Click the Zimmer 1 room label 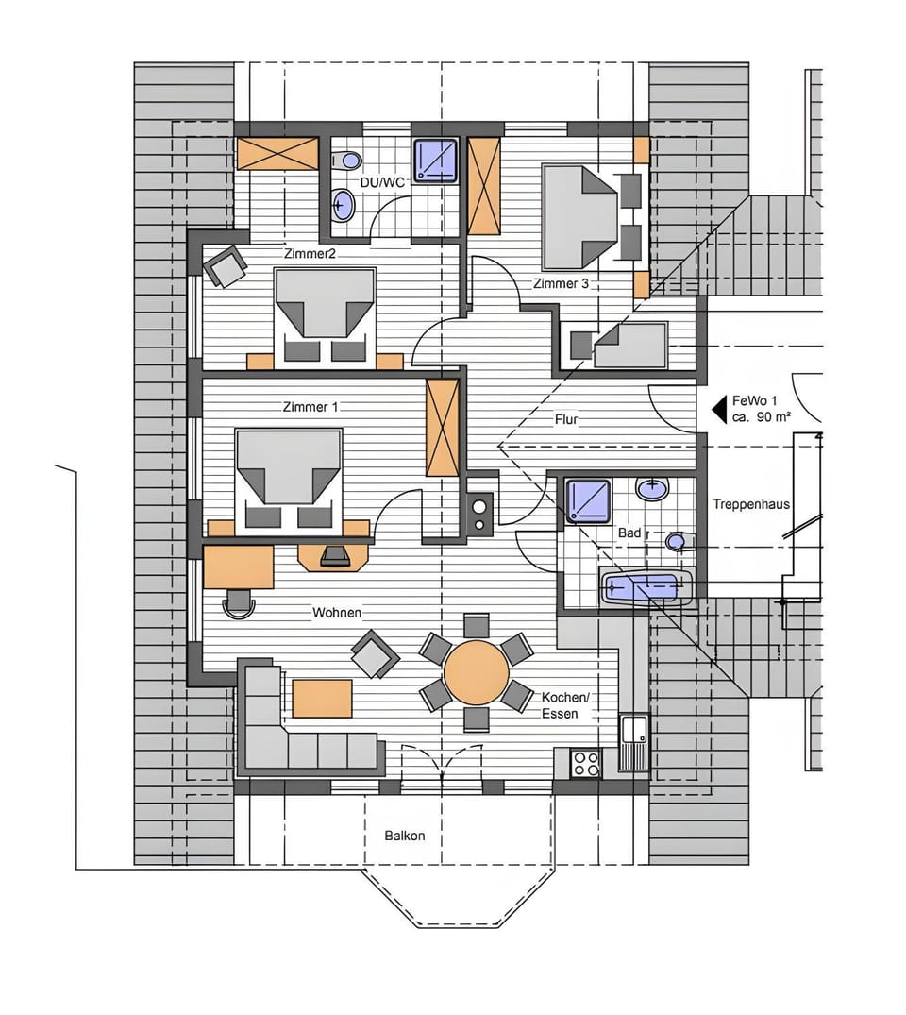click(x=310, y=407)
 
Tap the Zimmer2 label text click(x=310, y=254)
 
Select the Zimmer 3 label click(x=562, y=283)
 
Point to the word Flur click(x=566, y=419)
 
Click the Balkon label click(x=405, y=836)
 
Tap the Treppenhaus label click(x=751, y=504)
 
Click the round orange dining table click(x=477, y=672)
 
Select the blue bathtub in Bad click(x=646, y=588)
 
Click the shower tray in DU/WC click(x=435, y=160)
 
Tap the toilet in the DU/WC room click(x=347, y=160)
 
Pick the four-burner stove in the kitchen click(x=586, y=763)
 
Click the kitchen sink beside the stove click(x=634, y=742)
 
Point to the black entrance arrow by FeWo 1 click(x=719, y=410)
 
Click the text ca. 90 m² click(x=761, y=417)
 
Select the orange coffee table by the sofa click(x=322, y=699)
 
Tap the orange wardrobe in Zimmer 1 click(x=443, y=427)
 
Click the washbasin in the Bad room click(x=652, y=488)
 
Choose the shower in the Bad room click(x=588, y=500)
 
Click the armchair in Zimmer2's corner click(x=225, y=267)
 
